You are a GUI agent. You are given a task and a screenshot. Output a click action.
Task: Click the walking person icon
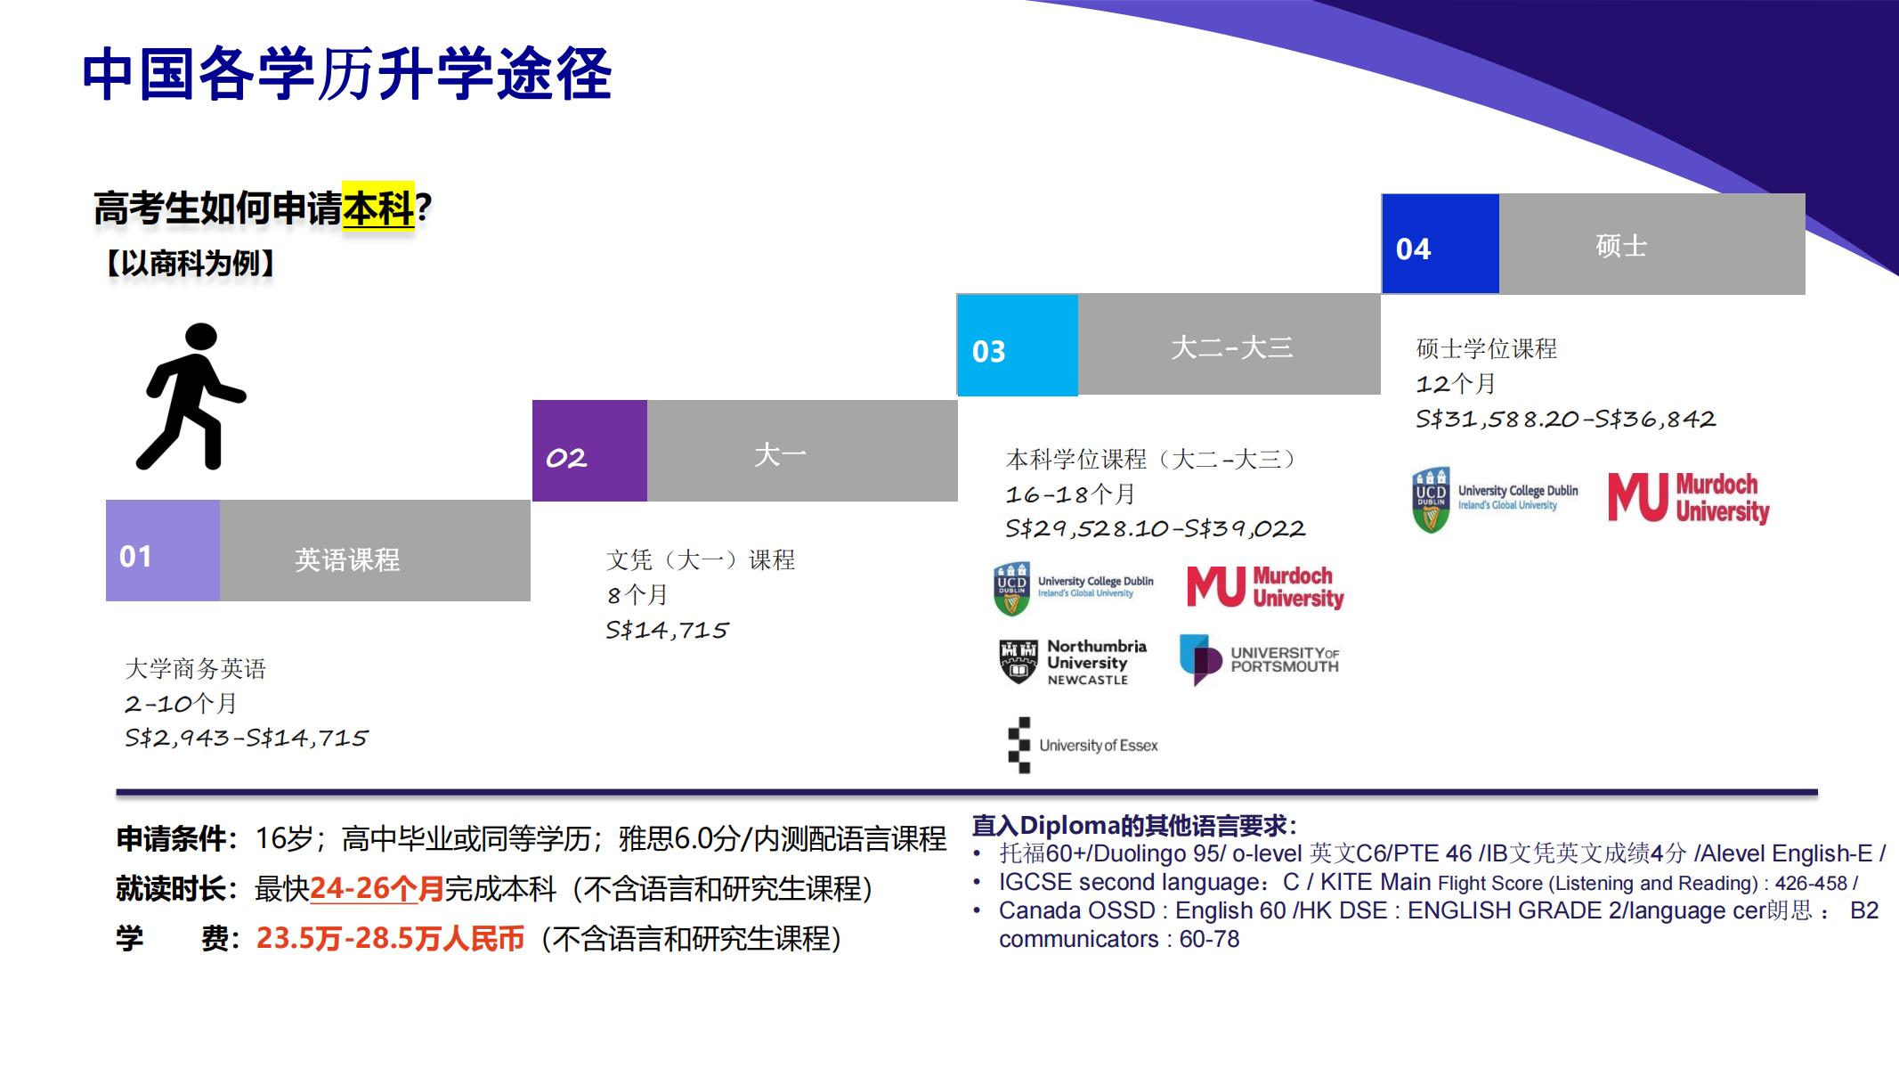[191, 396]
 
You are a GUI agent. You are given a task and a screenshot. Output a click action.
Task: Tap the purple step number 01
[163, 551]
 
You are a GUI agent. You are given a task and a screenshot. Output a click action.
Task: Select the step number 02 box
[589, 451]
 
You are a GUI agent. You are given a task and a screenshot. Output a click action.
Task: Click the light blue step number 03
[1018, 345]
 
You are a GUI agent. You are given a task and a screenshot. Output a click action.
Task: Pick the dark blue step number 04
[1440, 243]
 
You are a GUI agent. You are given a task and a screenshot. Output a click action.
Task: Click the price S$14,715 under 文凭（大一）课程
[666, 631]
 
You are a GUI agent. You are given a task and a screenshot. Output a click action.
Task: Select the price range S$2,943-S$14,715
[246, 739]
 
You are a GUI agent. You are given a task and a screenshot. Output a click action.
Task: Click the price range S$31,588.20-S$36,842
[1565, 420]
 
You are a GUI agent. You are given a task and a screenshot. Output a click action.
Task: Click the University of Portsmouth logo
[1259, 660]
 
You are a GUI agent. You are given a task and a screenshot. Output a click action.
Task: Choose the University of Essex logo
[1083, 746]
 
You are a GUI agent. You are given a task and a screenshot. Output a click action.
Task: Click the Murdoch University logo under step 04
[1688, 497]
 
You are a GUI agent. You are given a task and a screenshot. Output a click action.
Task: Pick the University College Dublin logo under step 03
[1074, 588]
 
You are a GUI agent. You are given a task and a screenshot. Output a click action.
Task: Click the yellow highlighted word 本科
[378, 208]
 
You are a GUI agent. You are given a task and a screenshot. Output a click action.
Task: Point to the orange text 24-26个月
[377, 888]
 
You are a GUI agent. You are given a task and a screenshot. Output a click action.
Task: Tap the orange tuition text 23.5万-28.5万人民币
[391, 938]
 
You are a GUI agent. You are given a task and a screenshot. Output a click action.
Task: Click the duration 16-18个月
[1071, 494]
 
